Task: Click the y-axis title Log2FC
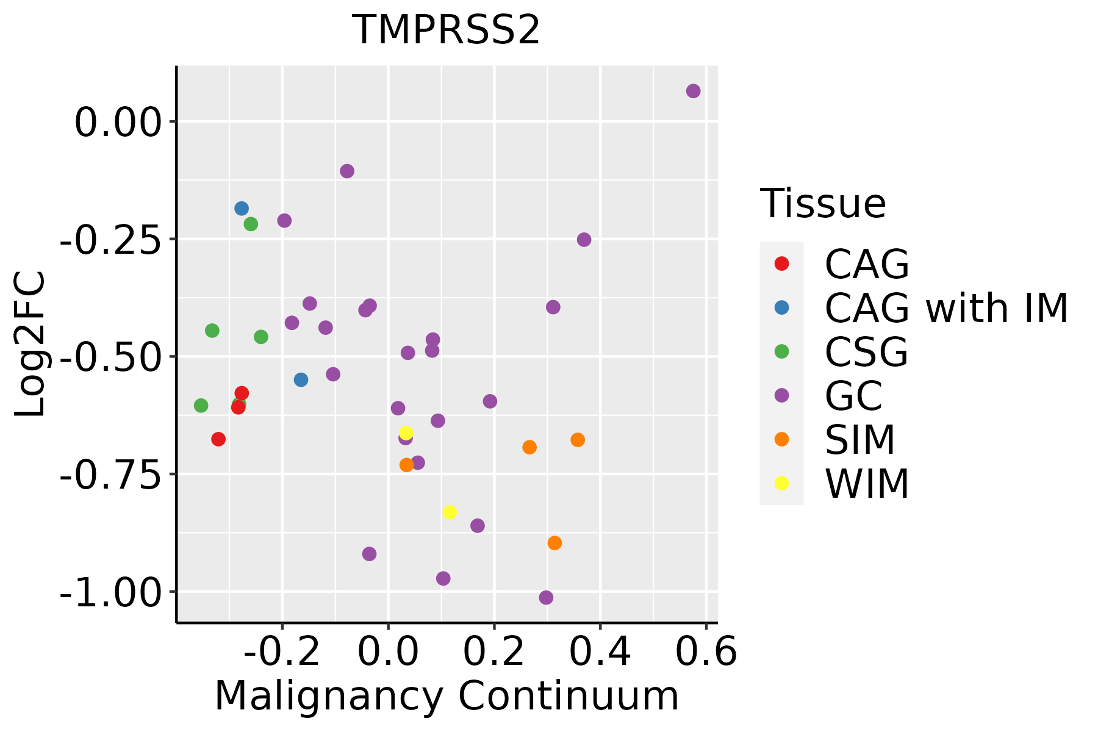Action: [30, 344]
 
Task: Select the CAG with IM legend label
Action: [946, 308]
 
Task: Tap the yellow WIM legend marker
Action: [781, 483]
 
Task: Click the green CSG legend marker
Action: [781, 351]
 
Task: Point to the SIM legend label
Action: [860, 440]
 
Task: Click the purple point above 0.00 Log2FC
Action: [693, 91]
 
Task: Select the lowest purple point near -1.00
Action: [546, 598]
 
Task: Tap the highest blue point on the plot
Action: [242, 209]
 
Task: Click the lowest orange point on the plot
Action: [554, 543]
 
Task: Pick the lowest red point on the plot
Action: [218, 439]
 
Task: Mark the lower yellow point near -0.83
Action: [450, 512]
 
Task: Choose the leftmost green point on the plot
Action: [201, 406]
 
